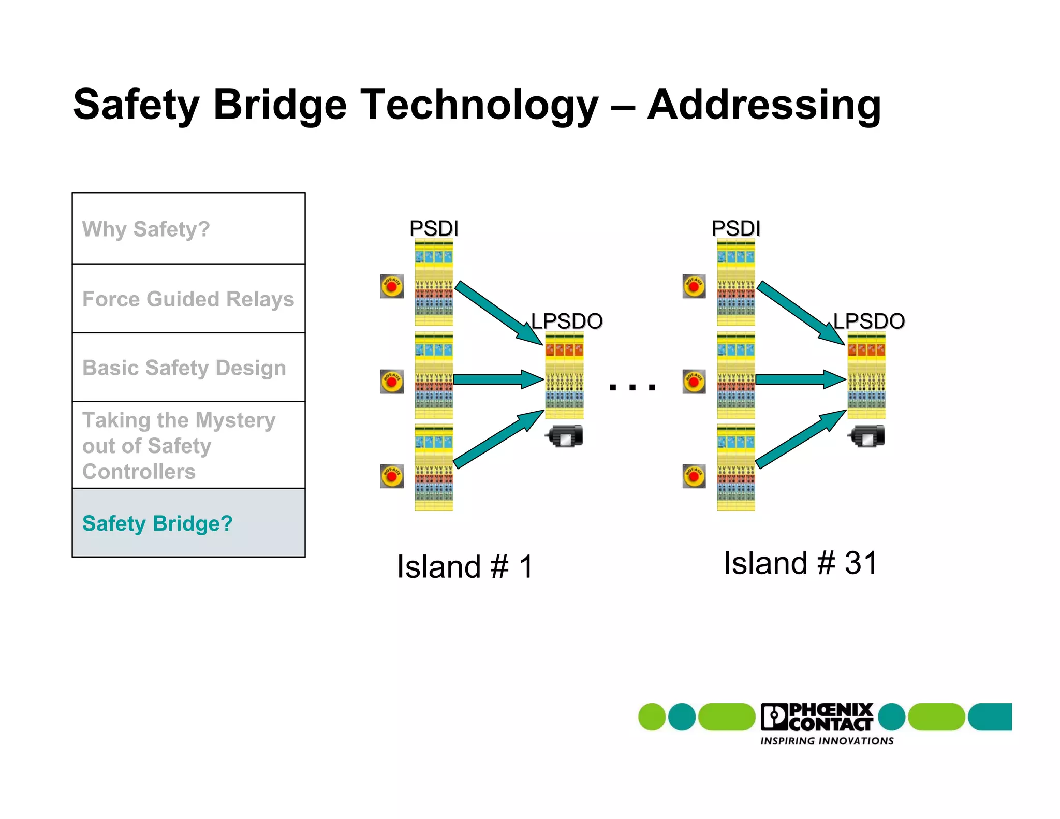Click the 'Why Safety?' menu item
pyautogui.click(x=146, y=229)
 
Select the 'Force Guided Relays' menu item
pyautogui.click(x=188, y=299)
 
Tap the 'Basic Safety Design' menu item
pyautogui.click(x=184, y=368)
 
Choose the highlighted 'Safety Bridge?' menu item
pyautogui.click(x=157, y=523)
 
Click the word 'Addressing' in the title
pyautogui.click(x=764, y=105)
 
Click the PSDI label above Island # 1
pyautogui.click(x=434, y=228)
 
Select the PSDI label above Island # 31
pyautogui.click(x=735, y=228)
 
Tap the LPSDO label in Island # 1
pyautogui.click(x=567, y=321)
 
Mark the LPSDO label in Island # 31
pyautogui.click(x=869, y=321)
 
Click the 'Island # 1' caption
pyautogui.click(x=465, y=566)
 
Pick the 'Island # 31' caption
pyautogui.click(x=800, y=563)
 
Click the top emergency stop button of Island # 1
pyautogui.click(x=392, y=286)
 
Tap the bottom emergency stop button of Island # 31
pyautogui.click(x=694, y=476)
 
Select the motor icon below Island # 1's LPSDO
pyautogui.click(x=565, y=436)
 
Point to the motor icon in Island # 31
pyautogui.click(x=867, y=436)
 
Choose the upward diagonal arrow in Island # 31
pyautogui.click(x=800, y=439)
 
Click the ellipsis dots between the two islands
pyautogui.click(x=632, y=387)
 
